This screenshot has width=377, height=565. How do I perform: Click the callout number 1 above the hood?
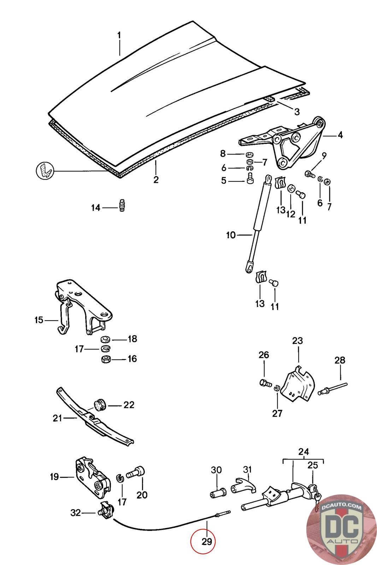[119, 35]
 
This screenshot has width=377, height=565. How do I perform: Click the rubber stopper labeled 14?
[123, 206]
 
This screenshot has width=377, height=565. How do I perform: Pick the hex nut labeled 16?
[105, 359]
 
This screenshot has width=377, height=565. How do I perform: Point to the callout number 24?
[304, 451]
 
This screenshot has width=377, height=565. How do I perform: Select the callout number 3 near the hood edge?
[297, 112]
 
